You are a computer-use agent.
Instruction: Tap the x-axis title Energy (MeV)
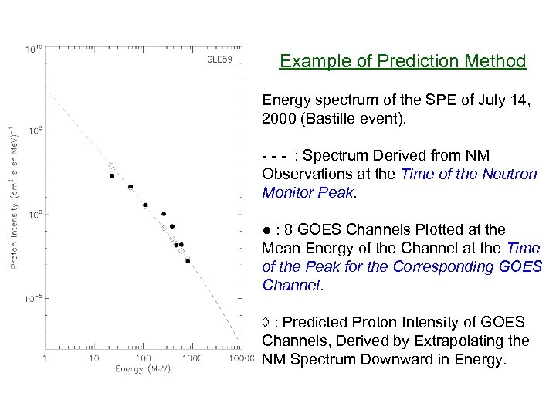[143, 369]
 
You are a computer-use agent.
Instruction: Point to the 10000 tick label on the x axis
[241, 358]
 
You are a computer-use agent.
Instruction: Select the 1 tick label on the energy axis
[44, 358]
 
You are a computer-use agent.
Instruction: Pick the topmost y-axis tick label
[34, 49]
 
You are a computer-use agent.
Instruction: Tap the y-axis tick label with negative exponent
[33, 297]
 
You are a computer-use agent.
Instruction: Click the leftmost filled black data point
[111, 176]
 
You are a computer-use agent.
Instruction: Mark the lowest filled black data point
[188, 261]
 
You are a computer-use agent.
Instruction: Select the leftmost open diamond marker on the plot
[111, 166]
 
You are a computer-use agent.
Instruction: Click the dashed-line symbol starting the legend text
[275, 156]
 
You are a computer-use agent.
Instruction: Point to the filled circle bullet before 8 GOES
[266, 229]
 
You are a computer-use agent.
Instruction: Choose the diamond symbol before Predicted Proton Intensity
[266, 322]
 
